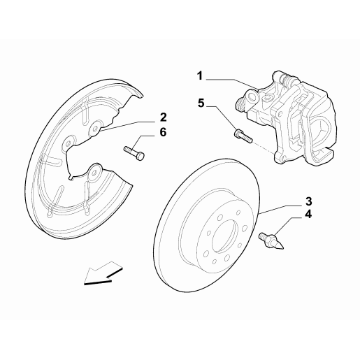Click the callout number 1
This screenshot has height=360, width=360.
pyautogui.click(x=199, y=73)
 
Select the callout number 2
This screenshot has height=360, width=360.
pyautogui.click(x=162, y=116)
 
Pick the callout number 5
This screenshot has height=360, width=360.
pyautogui.click(x=201, y=103)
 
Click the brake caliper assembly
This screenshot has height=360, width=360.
pyautogui.click(x=294, y=119)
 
